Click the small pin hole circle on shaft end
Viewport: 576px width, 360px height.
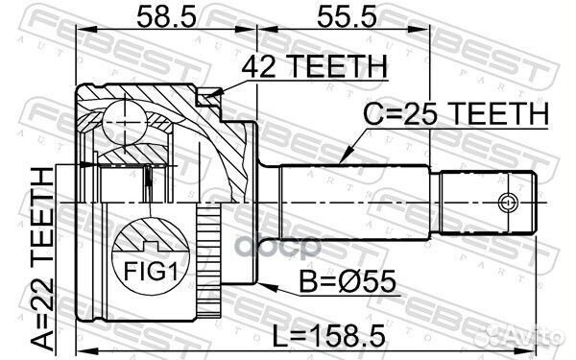507,202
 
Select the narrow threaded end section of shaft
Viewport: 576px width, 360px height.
486,203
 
